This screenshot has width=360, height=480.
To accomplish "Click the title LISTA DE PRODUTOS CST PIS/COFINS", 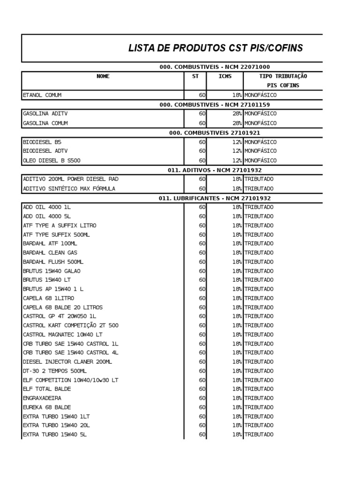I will click(215, 48).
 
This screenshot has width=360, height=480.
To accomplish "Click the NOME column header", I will click(103, 76).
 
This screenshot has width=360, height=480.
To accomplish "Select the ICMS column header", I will click(225, 76).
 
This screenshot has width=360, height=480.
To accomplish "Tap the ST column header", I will click(195, 76).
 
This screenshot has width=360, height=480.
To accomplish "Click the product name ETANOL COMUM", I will click(42, 95).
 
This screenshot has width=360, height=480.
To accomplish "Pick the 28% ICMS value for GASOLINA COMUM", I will click(236, 123).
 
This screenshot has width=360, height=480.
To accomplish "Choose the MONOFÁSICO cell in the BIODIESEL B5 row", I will click(260, 142).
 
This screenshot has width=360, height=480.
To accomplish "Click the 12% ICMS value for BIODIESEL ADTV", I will click(236, 151).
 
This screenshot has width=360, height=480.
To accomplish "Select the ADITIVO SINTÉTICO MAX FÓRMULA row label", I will click(69, 188).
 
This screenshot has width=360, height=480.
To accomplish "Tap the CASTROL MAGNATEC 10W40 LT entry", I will click(62, 335).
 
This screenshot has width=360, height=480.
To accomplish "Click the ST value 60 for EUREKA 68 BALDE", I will click(202, 407).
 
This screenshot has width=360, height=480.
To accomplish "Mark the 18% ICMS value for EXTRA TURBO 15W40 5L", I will click(236, 435).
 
